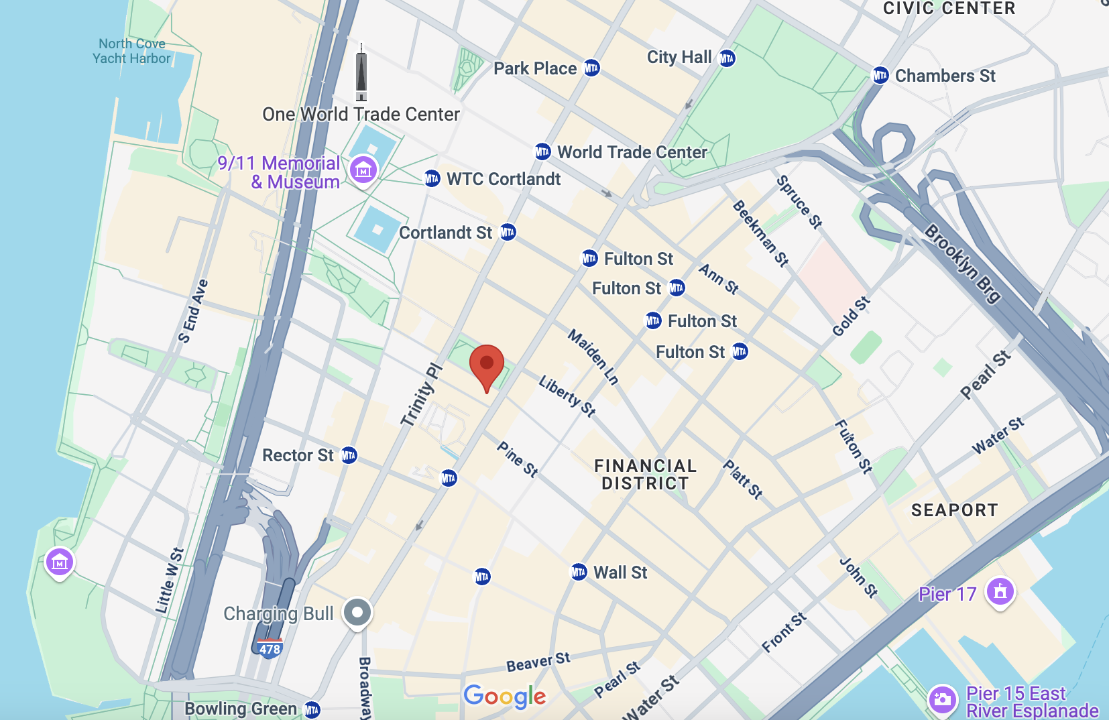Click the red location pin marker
click(487, 365)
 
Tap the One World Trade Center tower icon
click(361, 72)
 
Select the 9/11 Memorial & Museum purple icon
click(363, 170)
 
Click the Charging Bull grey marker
click(357, 613)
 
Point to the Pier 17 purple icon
click(1000, 592)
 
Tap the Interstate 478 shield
click(270, 648)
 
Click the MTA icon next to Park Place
click(591, 68)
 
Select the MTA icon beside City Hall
click(727, 58)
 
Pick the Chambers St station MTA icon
click(880, 75)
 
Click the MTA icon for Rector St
click(349, 456)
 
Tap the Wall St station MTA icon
click(579, 573)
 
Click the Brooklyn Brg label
click(963, 263)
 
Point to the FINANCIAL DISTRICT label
click(645, 475)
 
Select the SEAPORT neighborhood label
click(954, 510)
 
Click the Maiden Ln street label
click(593, 357)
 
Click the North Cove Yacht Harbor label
click(132, 51)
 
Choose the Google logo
click(505, 696)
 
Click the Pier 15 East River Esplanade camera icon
click(943, 699)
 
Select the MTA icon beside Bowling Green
click(312, 709)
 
